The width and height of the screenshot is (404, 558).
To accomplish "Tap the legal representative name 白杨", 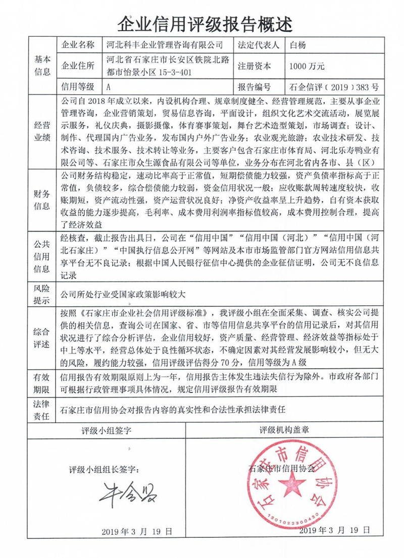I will point(297,45).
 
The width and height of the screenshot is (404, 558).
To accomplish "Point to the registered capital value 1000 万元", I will point(307,66).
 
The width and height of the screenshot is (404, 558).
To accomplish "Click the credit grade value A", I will point(110,87).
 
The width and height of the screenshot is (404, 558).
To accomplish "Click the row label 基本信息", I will point(42,66).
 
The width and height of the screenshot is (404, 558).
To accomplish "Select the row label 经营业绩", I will point(42,132).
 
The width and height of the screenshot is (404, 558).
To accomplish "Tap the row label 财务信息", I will point(42,200).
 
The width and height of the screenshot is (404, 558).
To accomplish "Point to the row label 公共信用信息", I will point(42,258).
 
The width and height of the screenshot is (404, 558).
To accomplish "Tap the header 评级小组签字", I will point(107,430).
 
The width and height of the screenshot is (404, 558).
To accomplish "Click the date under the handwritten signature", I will point(137,531).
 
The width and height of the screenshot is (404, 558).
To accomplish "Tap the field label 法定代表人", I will point(258,45).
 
